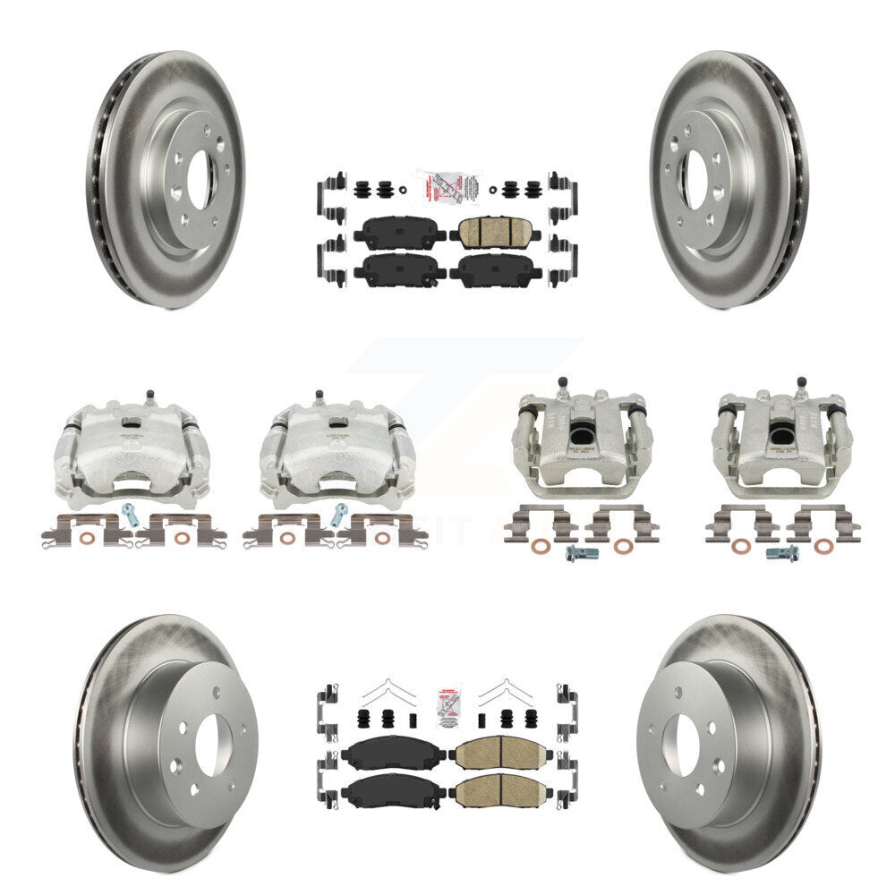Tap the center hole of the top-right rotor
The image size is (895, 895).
coord(695,178)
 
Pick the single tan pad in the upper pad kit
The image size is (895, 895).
coord(494,233)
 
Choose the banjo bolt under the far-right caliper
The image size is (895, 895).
coord(781,554)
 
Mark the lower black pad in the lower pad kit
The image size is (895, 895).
coord(392,789)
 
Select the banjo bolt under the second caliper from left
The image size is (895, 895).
coord(339,514)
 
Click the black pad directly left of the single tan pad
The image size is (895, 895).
coord(399,234)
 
